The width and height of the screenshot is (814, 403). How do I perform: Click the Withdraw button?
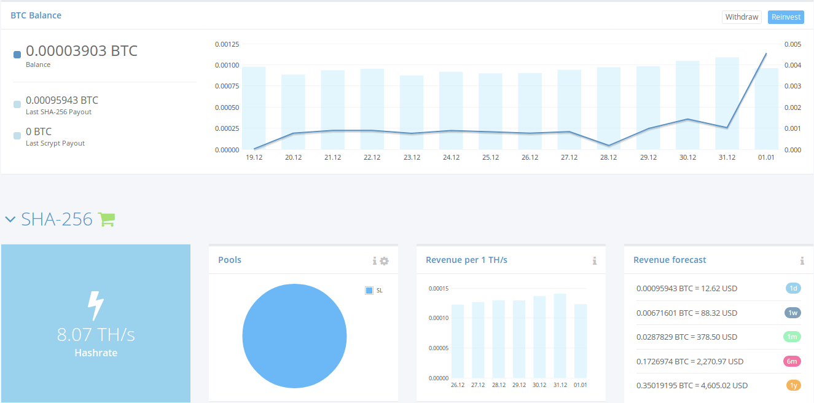pos(742,17)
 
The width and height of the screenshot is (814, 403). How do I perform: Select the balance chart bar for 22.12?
pos(372,109)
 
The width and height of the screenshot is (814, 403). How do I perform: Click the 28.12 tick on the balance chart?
pos(608,157)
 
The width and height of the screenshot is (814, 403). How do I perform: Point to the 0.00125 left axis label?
pos(227,44)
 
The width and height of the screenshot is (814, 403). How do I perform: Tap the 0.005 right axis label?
pos(792,44)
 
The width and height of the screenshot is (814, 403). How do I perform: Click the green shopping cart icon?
pos(107,219)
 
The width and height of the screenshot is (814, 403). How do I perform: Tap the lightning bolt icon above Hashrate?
pos(96,305)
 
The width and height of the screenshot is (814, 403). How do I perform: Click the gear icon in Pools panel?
pos(384,261)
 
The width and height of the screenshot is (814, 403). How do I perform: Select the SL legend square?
pos(369,291)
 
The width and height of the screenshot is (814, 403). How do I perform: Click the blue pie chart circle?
pos(294,336)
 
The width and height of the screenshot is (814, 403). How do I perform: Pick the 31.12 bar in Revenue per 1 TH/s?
pos(560,336)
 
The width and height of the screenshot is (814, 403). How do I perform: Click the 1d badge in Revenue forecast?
pos(793,288)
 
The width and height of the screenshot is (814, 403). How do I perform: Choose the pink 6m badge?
pos(792,361)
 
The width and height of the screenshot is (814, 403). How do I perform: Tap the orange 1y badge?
pos(794,385)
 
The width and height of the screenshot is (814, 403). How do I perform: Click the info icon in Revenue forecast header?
pos(802,260)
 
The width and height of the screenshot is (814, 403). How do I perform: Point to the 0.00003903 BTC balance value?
pos(82,51)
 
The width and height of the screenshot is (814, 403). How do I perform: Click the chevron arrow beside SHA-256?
pos(10,219)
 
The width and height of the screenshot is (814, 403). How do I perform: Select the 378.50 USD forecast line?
pos(687,337)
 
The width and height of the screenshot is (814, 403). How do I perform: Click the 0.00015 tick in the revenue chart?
pos(439,289)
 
